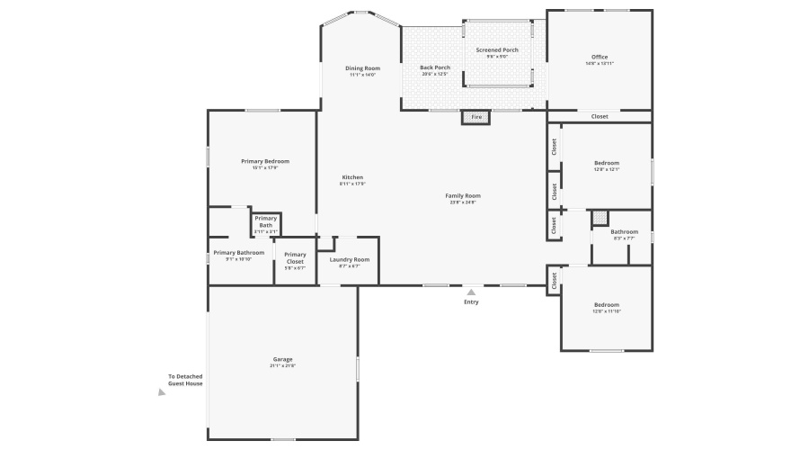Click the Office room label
click(x=599, y=58)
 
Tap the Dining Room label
click(x=362, y=68)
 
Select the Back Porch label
click(x=434, y=67)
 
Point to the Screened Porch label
click(x=497, y=50)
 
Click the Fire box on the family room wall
click(x=476, y=117)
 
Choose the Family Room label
click(x=463, y=196)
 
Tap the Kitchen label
click(x=352, y=177)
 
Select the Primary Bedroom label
click(x=265, y=161)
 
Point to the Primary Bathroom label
click(x=239, y=253)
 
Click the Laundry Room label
click(x=349, y=259)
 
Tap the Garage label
click(x=282, y=359)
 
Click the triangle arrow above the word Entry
click(x=471, y=292)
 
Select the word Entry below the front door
click(x=471, y=302)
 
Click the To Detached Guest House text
click(x=185, y=380)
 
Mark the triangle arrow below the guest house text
click(x=162, y=392)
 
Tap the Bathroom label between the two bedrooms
click(x=624, y=231)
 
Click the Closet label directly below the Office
click(x=600, y=117)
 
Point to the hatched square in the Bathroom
click(x=600, y=218)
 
